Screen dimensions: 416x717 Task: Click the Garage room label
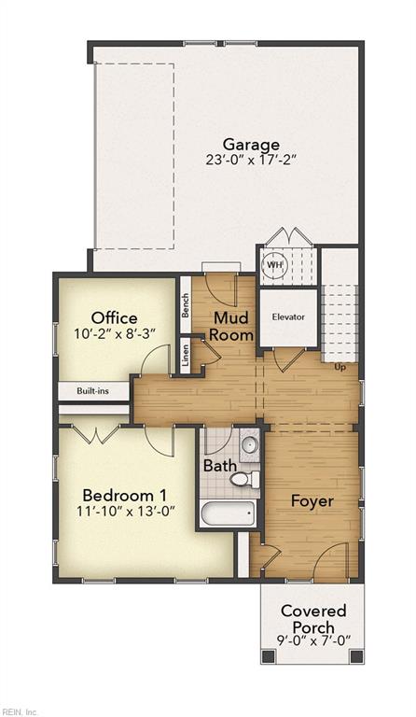[x=251, y=145]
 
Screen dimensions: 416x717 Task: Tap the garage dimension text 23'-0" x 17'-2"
[x=251, y=161]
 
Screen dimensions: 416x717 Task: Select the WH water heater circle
[x=274, y=265]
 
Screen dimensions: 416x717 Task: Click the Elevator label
[x=288, y=316]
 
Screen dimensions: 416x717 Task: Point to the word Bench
[x=186, y=305]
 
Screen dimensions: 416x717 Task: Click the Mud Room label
[x=230, y=326]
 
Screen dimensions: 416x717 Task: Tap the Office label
[x=114, y=317]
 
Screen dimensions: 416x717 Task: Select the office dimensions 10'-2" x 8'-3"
[x=115, y=334]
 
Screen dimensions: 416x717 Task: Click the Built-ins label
[x=92, y=391]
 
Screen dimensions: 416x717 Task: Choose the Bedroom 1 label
[x=125, y=495]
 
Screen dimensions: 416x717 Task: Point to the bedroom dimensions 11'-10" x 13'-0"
[x=126, y=511]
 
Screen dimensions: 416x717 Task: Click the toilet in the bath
[x=243, y=479]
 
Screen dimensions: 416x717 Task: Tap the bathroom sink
[x=249, y=444]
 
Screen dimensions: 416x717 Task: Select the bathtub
[x=227, y=514]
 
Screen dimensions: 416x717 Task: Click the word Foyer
[x=312, y=501]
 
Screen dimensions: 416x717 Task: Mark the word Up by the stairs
[x=340, y=367]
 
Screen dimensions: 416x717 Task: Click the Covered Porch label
[x=313, y=619]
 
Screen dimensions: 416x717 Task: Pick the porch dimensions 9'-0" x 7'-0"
[x=313, y=640]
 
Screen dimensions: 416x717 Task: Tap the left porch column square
[x=268, y=656]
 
